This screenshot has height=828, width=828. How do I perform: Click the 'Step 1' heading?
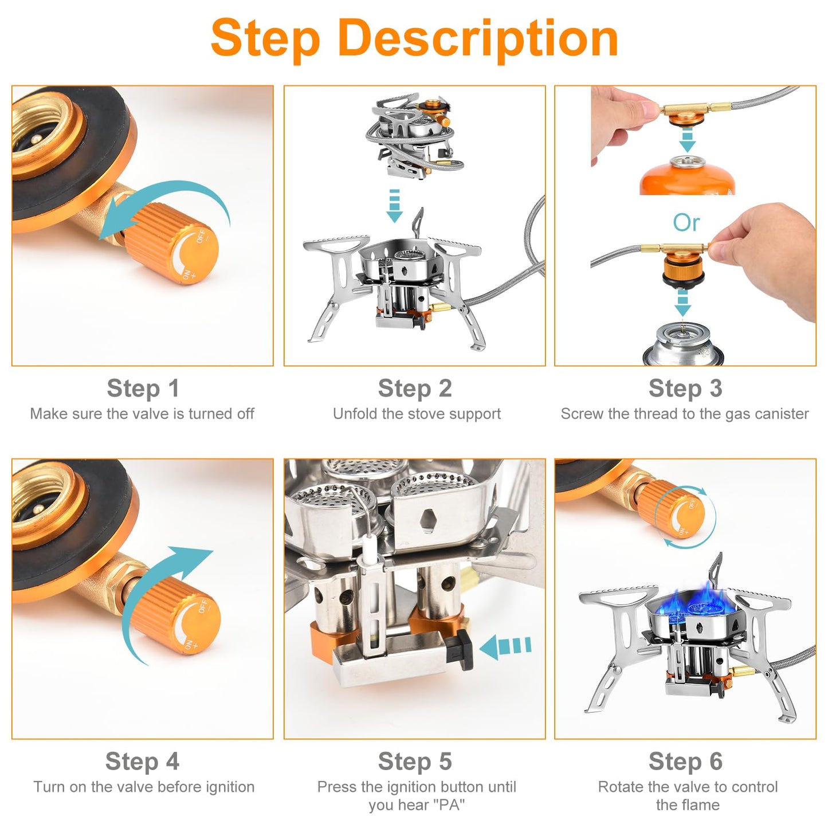pyautogui.click(x=143, y=389)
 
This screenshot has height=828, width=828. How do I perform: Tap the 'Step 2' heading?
pyautogui.click(x=414, y=389)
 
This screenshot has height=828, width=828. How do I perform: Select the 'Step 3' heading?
pyautogui.click(x=685, y=389)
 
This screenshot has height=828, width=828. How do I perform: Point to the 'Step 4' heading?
pyautogui.click(x=142, y=762)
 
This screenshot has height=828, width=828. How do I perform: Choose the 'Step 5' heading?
pyautogui.click(x=414, y=762)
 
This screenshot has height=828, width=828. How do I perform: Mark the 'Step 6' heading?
pyautogui.click(x=685, y=762)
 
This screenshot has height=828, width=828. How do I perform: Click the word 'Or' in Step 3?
pyautogui.click(x=686, y=223)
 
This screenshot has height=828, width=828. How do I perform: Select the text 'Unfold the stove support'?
pyautogui.click(x=417, y=414)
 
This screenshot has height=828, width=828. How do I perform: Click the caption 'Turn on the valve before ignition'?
pyautogui.click(x=143, y=787)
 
